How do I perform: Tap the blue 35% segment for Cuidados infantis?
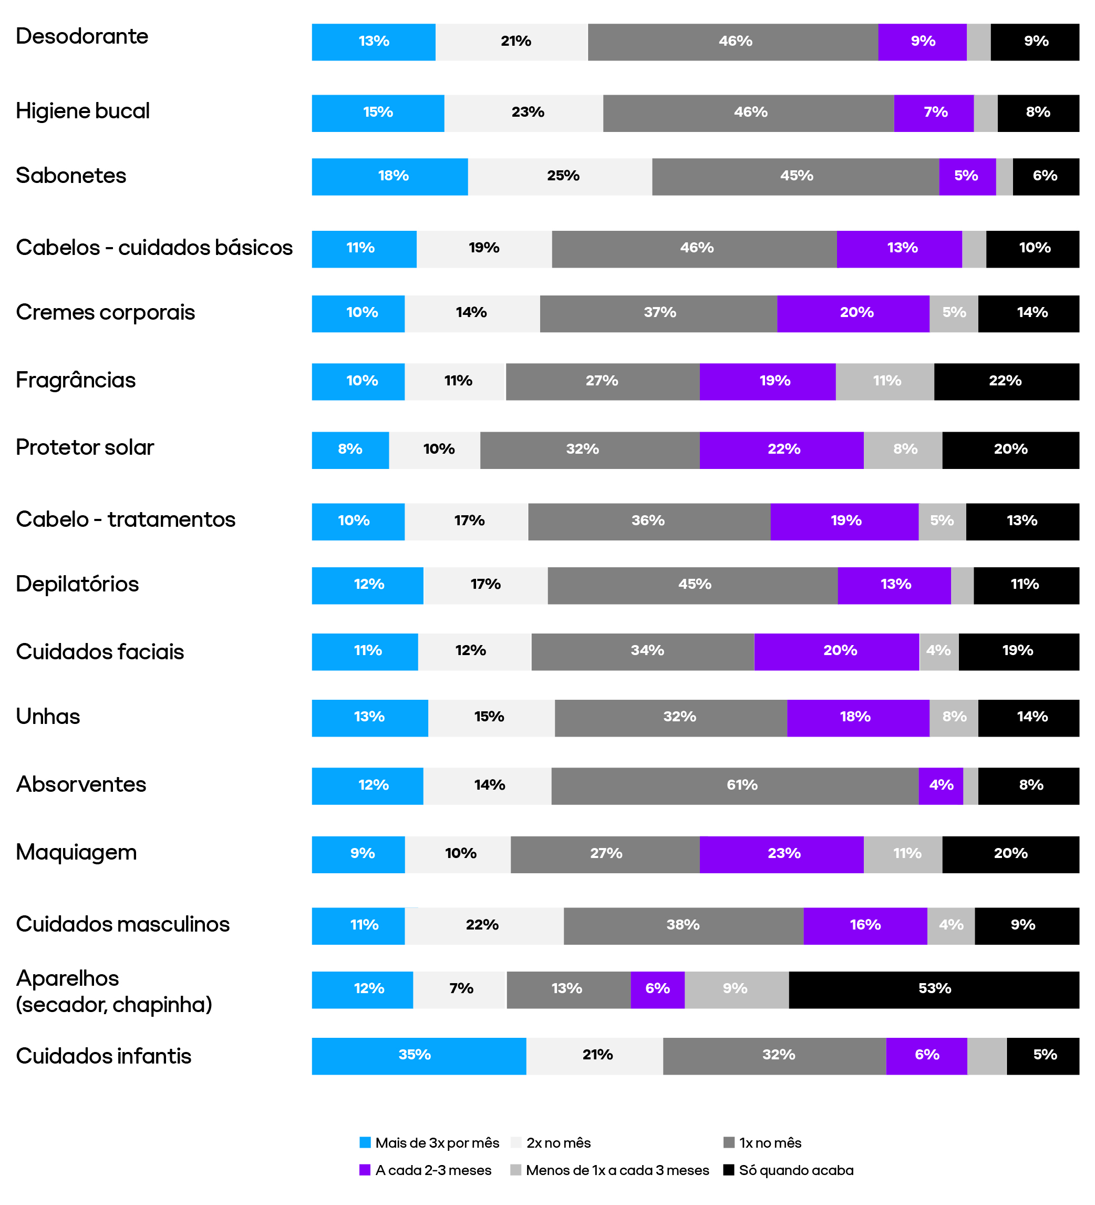pos(418,1056)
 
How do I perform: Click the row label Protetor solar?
pos(85,448)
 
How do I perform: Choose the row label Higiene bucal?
pos(82,111)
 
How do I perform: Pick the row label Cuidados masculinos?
pos(122,924)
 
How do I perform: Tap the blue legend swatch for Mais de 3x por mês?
pos(365,1143)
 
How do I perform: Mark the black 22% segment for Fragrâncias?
pos(1006,381)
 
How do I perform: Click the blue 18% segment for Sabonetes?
pos(389,176)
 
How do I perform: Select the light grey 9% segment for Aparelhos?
pos(736,989)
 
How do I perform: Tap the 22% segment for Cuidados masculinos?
pos(484,926)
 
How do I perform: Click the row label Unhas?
pos(48,717)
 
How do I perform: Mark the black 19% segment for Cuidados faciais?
pos(1018,651)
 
